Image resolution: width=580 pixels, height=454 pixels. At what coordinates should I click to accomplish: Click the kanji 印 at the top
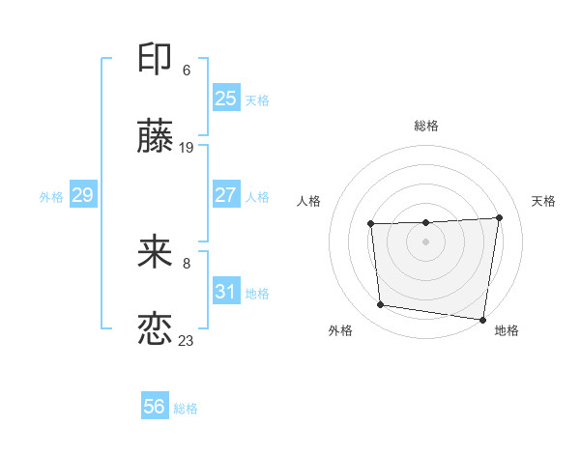[x=155, y=58]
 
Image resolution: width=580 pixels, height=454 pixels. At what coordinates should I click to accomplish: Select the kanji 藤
[x=155, y=135]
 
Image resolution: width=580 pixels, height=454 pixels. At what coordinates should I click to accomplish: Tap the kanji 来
[x=155, y=251]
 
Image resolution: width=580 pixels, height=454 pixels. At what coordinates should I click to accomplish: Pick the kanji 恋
[x=155, y=328]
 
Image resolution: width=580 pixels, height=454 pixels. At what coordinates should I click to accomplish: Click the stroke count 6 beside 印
[x=187, y=71]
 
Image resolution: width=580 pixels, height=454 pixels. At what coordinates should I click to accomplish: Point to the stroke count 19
[x=186, y=148]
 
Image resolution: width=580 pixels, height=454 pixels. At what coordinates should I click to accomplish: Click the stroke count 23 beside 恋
[x=186, y=341]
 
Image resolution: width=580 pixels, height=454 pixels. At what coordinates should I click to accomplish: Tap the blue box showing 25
[x=226, y=98]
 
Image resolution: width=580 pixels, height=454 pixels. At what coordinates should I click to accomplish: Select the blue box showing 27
[x=226, y=194]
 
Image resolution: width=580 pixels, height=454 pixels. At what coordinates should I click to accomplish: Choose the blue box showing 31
[x=226, y=290]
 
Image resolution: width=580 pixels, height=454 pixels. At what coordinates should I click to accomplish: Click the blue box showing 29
[x=83, y=194]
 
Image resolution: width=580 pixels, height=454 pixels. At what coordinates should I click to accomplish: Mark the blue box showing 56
[x=155, y=405]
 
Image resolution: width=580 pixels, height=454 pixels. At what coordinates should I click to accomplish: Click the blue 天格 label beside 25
[x=257, y=100]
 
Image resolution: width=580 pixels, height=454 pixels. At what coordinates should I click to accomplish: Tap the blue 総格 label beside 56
[x=186, y=409]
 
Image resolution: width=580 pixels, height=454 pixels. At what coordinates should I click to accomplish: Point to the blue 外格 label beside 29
[x=51, y=197]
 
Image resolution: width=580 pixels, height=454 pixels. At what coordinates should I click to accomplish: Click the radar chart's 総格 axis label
[x=426, y=126]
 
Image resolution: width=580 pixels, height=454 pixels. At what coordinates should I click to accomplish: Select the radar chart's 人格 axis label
[x=308, y=201]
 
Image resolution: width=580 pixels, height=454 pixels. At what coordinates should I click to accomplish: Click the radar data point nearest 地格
[x=482, y=320]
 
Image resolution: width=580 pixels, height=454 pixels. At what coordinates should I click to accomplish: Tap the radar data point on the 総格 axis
[x=426, y=222]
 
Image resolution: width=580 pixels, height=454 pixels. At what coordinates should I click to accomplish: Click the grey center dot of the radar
[x=425, y=241]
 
